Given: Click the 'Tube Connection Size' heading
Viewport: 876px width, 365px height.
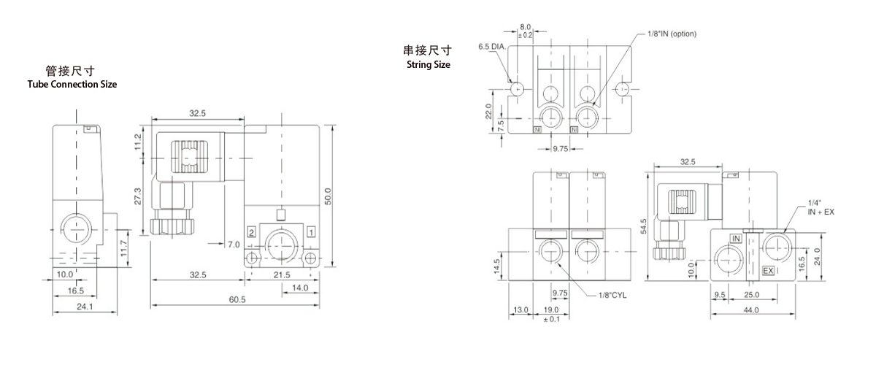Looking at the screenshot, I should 72,84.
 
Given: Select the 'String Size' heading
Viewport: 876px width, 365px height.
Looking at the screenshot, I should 428,64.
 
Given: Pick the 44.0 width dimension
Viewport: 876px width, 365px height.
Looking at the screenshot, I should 752,310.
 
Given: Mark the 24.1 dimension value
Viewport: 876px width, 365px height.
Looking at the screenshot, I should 85,307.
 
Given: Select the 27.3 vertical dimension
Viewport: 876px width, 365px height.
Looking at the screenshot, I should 139,197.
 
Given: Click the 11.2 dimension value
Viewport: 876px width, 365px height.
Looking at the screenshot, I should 139,140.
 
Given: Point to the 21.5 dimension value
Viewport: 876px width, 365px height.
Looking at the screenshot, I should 280,274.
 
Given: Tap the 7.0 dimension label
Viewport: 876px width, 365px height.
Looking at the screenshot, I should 234,243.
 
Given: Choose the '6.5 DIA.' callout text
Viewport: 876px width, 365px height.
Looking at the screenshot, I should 492,46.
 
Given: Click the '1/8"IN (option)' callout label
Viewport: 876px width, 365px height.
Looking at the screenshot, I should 672,34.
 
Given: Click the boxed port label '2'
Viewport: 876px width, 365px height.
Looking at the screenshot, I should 250,231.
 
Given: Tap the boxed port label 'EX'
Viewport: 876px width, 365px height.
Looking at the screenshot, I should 768,271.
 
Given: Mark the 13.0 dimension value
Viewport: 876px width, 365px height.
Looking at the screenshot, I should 520,310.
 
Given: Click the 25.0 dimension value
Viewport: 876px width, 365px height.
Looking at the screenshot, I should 752,295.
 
